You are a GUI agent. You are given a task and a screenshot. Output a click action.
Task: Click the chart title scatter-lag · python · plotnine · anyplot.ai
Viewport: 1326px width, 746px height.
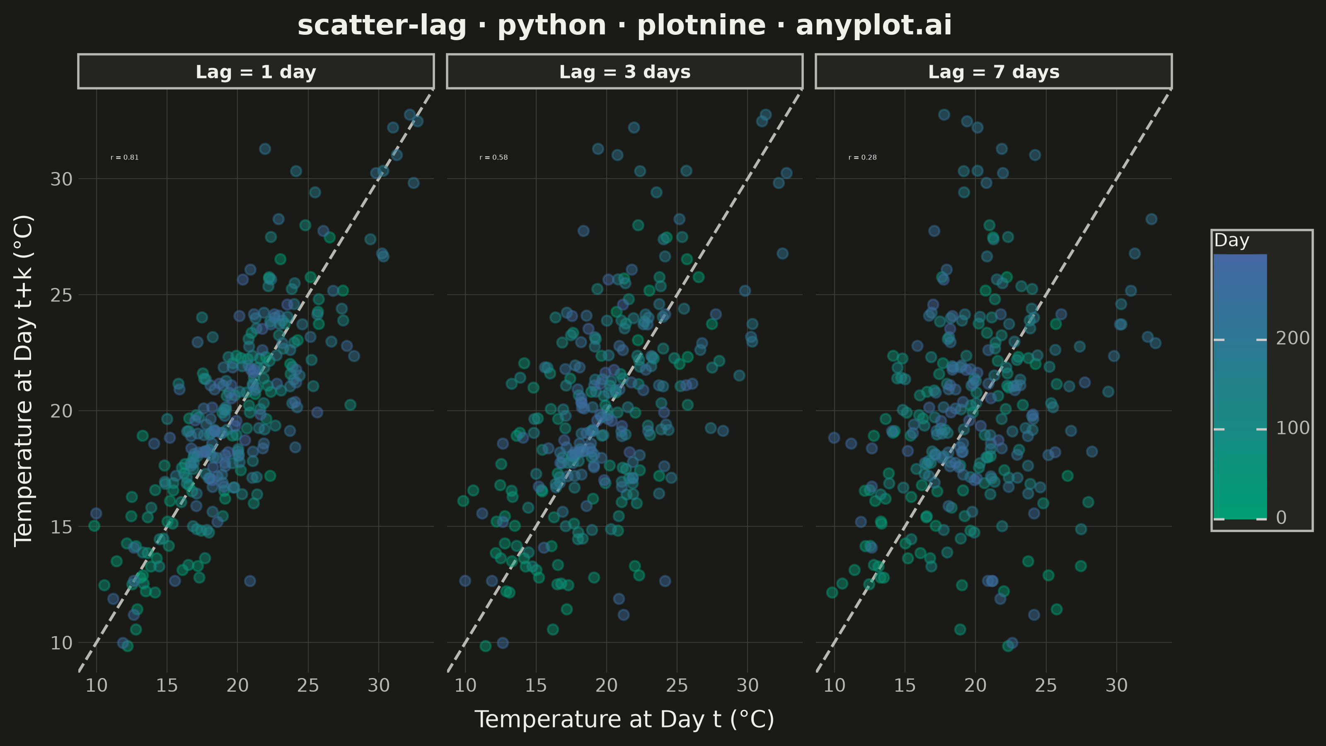pyautogui.click(x=624, y=25)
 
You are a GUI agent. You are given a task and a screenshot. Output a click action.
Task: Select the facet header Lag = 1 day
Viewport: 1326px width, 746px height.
pyautogui.click(x=256, y=72)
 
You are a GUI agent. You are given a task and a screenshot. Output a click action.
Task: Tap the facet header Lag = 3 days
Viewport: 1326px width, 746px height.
pyautogui.click(x=625, y=72)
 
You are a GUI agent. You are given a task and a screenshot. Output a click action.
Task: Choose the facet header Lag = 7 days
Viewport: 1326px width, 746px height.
pyautogui.click(x=994, y=72)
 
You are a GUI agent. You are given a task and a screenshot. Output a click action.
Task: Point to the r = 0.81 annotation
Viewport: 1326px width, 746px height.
pyautogui.click(x=125, y=157)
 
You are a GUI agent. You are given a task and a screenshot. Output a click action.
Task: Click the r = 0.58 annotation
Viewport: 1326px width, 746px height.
pyautogui.click(x=494, y=157)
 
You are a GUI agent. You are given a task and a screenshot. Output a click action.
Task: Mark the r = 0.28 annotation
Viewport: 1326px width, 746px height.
pyautogui.click(x=863, y=157)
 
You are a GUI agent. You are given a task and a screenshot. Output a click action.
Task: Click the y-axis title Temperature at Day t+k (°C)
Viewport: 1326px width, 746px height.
pyautogui.click(x=24, y=381)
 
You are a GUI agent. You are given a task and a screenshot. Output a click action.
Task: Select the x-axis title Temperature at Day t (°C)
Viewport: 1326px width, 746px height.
pyautogui.click(x=624, y=719)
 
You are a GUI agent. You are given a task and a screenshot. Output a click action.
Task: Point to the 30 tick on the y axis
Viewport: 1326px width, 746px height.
pyautogui.click(x=61, y=179)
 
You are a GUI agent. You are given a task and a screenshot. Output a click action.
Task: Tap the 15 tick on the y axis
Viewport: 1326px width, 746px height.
pyautogui.click(x=61, y=527)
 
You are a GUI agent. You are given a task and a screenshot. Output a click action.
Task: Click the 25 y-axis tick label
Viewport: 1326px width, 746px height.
pyautogui.click(x=61, y=295)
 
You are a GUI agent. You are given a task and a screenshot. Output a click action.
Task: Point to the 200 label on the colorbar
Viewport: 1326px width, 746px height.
pyautogui.click(x=1293, y=338)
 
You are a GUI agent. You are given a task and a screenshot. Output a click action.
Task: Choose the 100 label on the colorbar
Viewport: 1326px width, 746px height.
pyautogui.click(x=1293, y=428)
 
